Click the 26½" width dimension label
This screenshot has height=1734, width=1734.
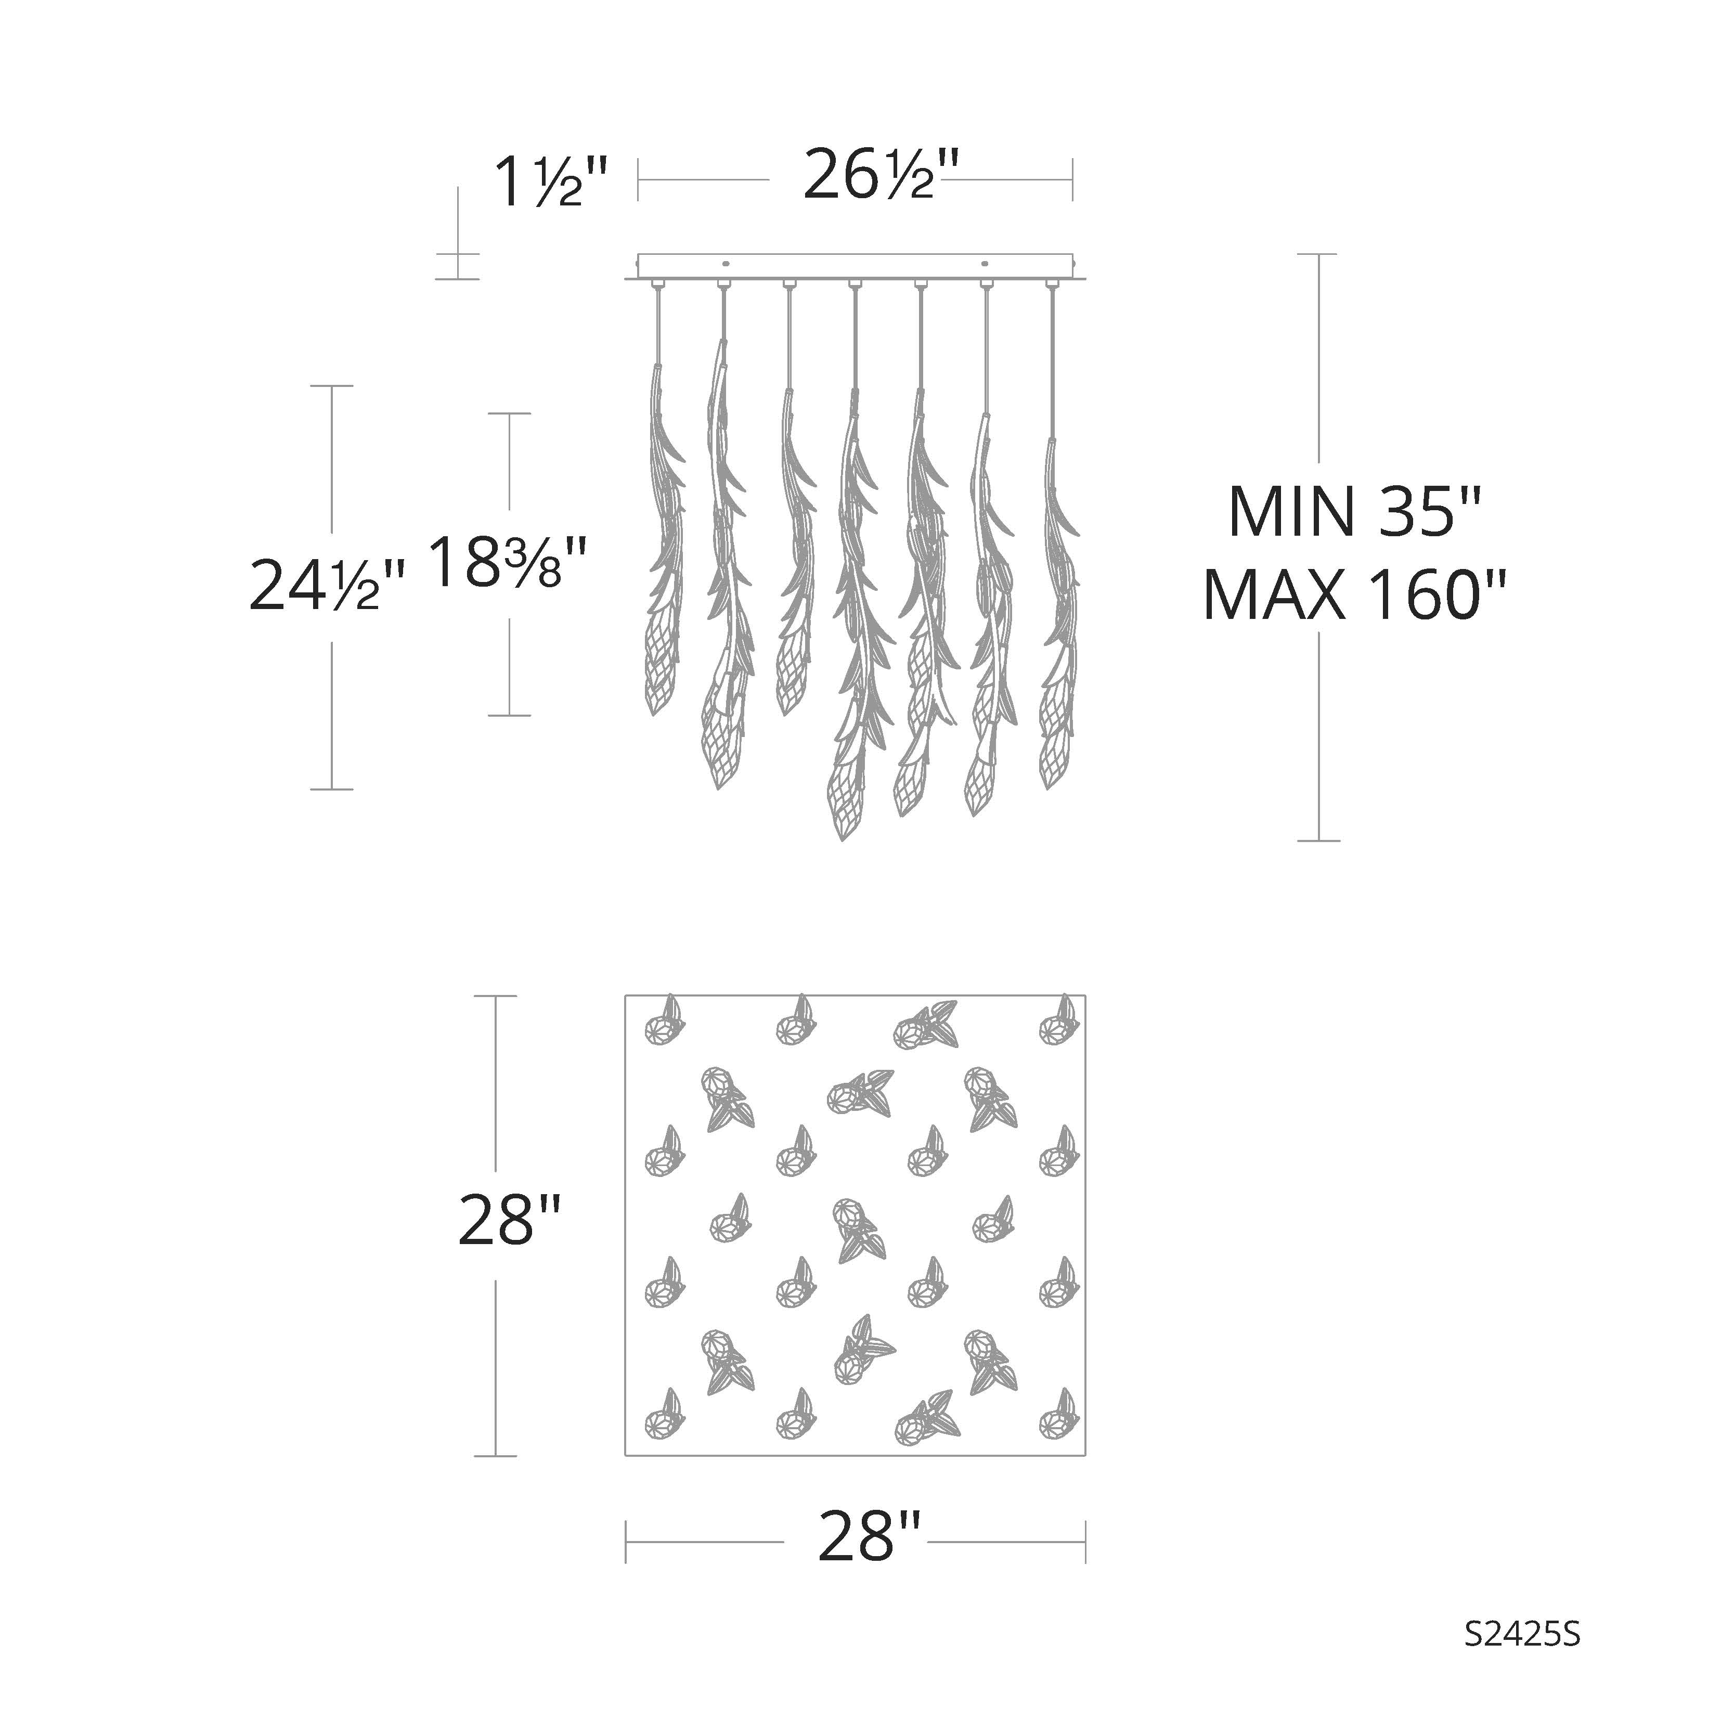[869, 175]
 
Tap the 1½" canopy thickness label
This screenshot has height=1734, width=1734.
[551, 183]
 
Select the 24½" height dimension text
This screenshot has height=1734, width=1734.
[327, 584]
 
